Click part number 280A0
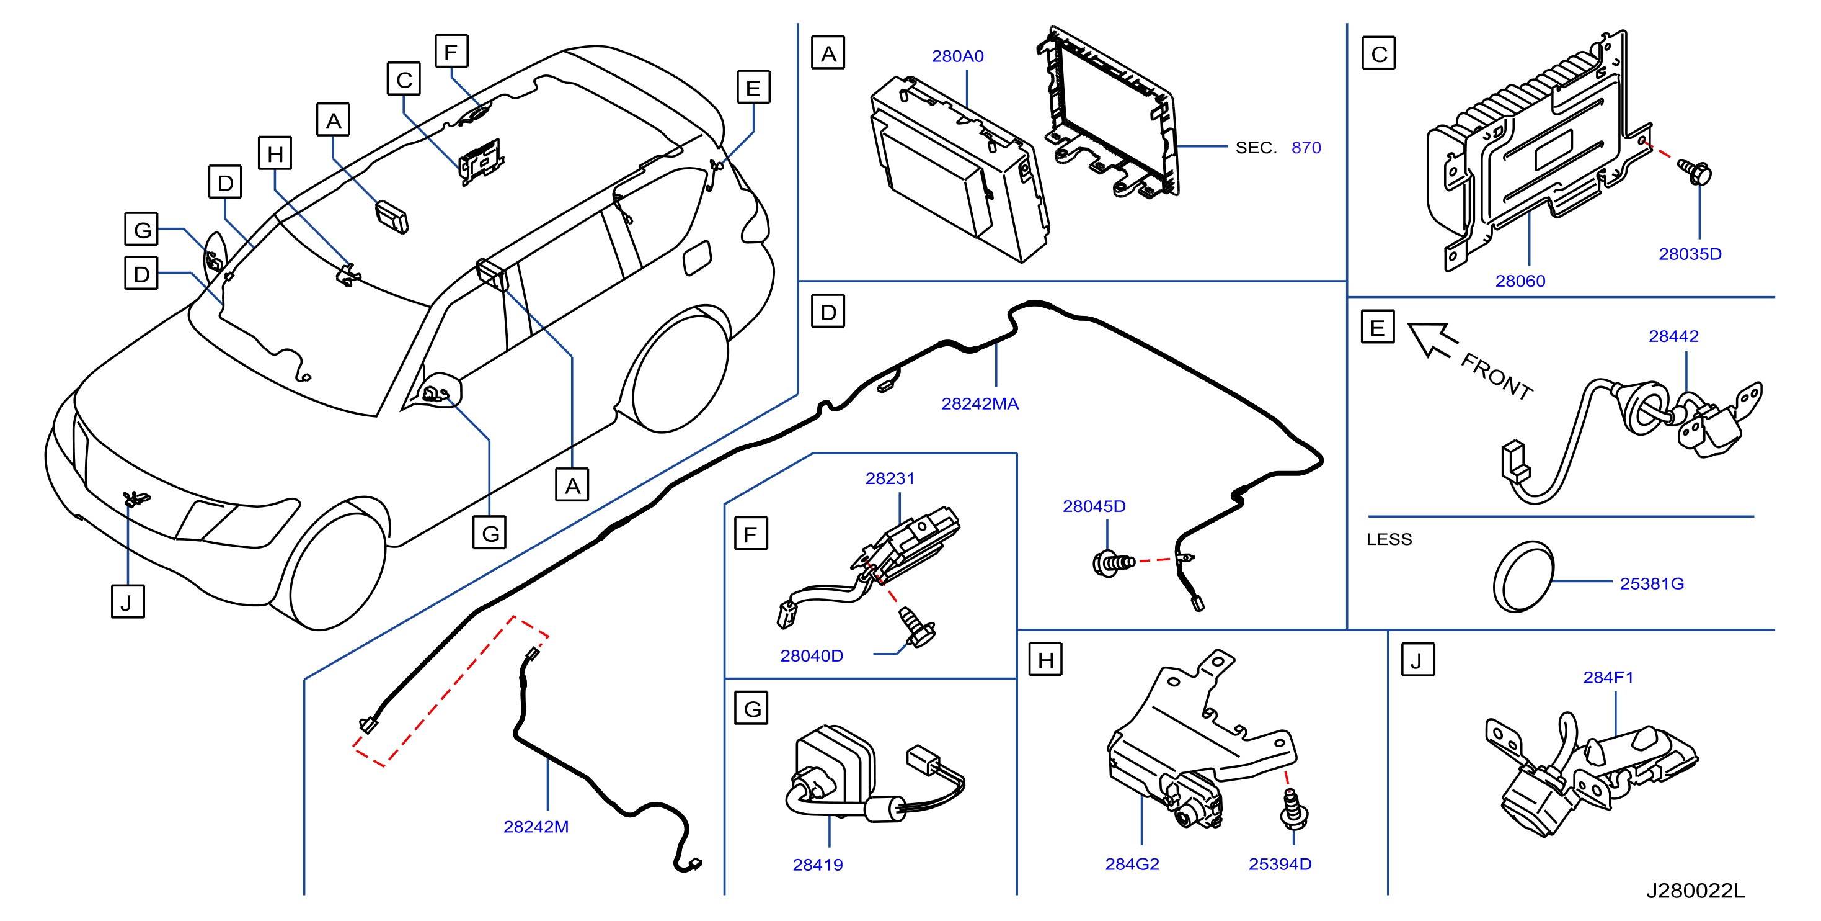(957, 56)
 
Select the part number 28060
(1520, 281)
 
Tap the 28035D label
(1690, 254)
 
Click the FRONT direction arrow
(1432, 339)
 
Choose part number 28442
(1673, 336)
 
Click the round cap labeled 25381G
(1523, 577)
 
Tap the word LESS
(1388, 539)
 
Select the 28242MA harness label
(980, 404)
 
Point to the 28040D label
(811, 656)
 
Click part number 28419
(817, 865)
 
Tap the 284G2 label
(1132, 864)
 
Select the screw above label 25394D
(1293, 809)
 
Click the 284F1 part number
(1608, 677)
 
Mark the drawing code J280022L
(1695, 891)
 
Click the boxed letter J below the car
(128, 601)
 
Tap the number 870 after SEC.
(1306, 148)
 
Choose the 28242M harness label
(536, 826)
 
